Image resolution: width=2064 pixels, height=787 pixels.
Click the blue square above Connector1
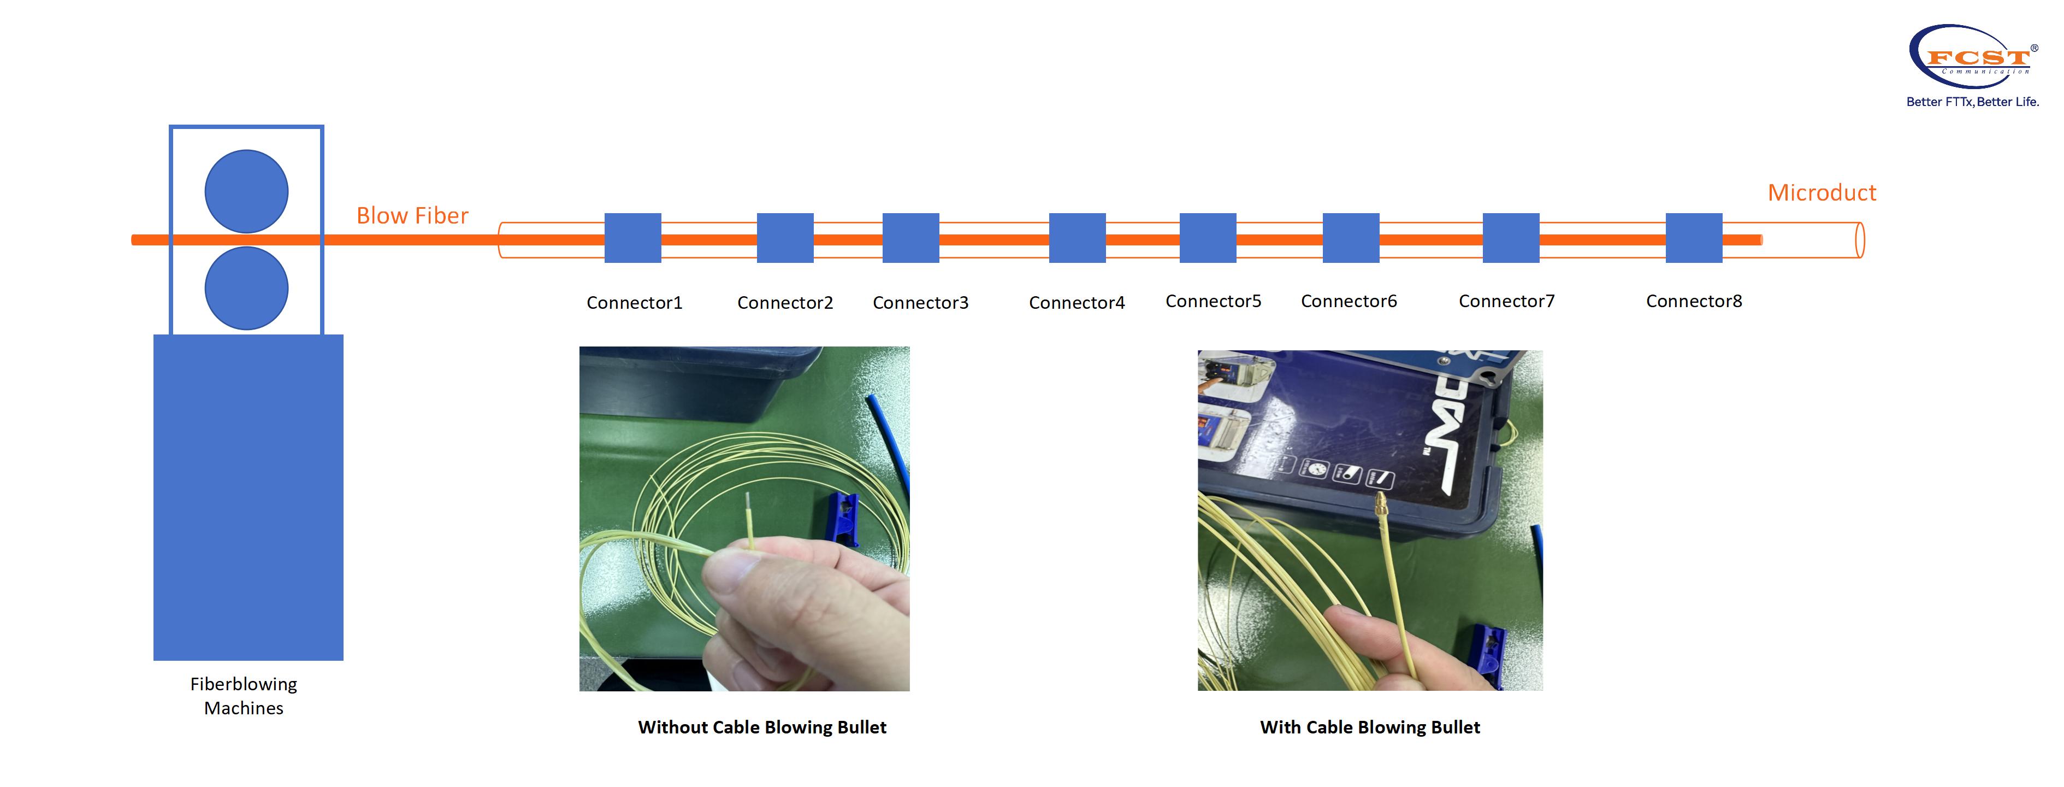(632, 238)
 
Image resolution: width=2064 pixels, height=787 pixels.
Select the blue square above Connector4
(1077, 238)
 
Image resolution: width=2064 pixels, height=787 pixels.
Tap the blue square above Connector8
(1694, 238)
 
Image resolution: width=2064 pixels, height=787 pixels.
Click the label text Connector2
(785, 303)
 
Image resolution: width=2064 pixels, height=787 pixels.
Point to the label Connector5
(1213, 301)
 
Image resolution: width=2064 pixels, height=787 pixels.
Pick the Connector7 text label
(1506, 301)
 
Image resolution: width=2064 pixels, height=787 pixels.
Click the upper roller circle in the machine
(247, 191)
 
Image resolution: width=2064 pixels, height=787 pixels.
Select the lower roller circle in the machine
(247, 289)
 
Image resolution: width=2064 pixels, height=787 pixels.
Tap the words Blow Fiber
(412, 215)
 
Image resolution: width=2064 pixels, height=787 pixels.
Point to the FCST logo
(1973, 57)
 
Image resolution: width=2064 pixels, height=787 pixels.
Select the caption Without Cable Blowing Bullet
(762, 727)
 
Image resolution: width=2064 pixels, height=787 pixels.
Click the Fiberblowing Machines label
(244, 696)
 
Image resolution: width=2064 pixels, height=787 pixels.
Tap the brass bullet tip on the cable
(1381, 505)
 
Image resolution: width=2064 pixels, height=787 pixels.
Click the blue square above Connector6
(1351, 238)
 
